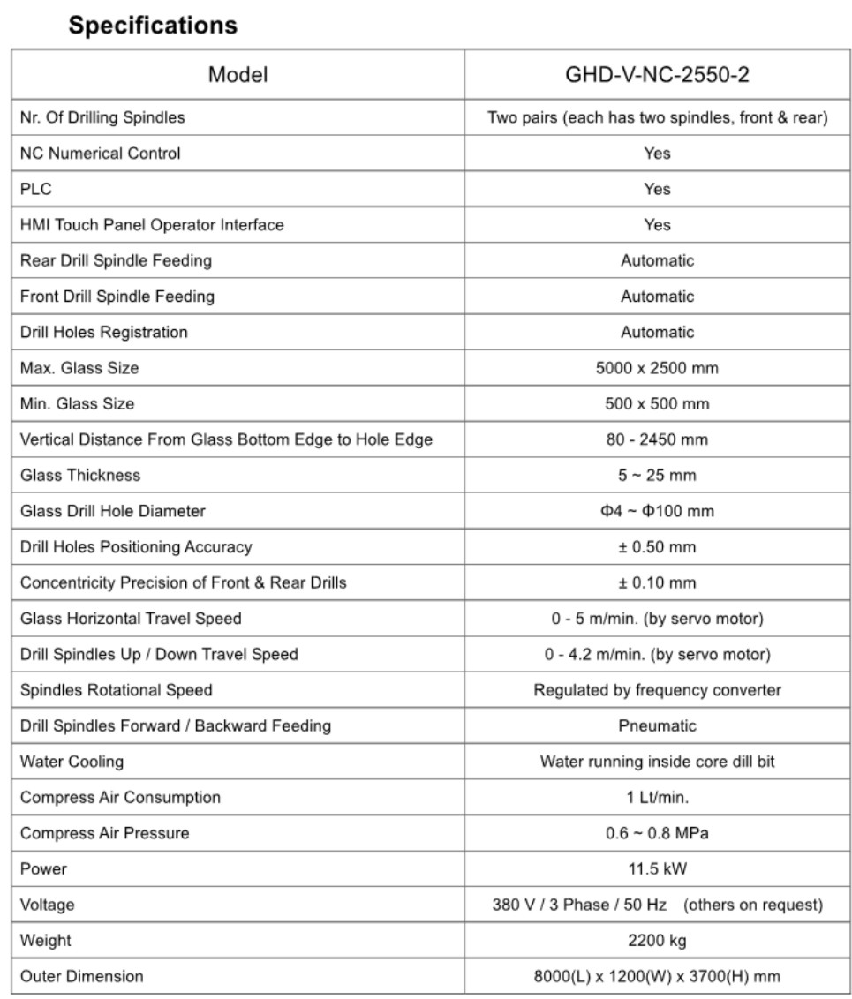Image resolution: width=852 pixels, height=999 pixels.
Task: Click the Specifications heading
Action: pyautogui.click(x=153, y=26)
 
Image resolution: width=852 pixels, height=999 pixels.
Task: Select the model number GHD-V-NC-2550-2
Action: pyautogui.click(x=657, y=76)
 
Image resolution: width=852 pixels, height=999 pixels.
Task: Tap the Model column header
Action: pyautogui.click(x=238, y=76)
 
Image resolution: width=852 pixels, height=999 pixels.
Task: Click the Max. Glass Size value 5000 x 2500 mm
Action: pyautogui.click(x=657, y=368)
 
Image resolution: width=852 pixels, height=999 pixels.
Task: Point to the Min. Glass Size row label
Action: pyautogui.click(x=77, y=403)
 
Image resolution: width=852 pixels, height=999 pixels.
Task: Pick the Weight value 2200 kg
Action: pyautogui.click(x=657, y=941)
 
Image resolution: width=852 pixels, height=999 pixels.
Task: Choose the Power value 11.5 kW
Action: pyautogui.click(x=657, y=869)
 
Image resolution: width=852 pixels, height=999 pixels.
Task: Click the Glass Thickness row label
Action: pyautogui.click(x=80, y=475)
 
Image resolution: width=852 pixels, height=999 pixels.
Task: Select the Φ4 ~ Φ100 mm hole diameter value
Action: pyautogui.click(x=657, y=511)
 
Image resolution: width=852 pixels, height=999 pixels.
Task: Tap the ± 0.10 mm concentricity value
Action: pyautogui.click(x=657, y=582)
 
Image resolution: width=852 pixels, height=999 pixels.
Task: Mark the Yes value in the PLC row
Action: pyautogui.click(x=657, y=189)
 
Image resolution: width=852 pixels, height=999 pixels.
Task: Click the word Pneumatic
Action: pyautogui.click(x=657, y=725)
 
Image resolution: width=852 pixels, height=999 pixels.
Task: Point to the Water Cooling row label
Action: pyautogui.click(x=72, y=761)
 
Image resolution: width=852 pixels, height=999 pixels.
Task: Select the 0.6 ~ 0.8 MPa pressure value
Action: pyautogui.click(x=657, y=833)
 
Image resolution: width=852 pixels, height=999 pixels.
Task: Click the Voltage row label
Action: pyautogui.click(x=48, y=905)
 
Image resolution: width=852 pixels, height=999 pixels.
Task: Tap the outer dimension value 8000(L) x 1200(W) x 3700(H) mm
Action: pyautogui.click(x=657, y=976)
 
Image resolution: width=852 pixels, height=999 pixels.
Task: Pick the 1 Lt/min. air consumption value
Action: pyautogui.click(x=657, y=797)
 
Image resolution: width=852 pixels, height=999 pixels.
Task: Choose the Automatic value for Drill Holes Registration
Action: pyautogui.click(x=657, y=332)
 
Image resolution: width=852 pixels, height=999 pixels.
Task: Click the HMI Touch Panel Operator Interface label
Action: pyautogui.click(x=152, y=225)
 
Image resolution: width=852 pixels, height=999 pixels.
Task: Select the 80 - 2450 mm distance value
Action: pyautogui.click(x=657, y=439)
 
